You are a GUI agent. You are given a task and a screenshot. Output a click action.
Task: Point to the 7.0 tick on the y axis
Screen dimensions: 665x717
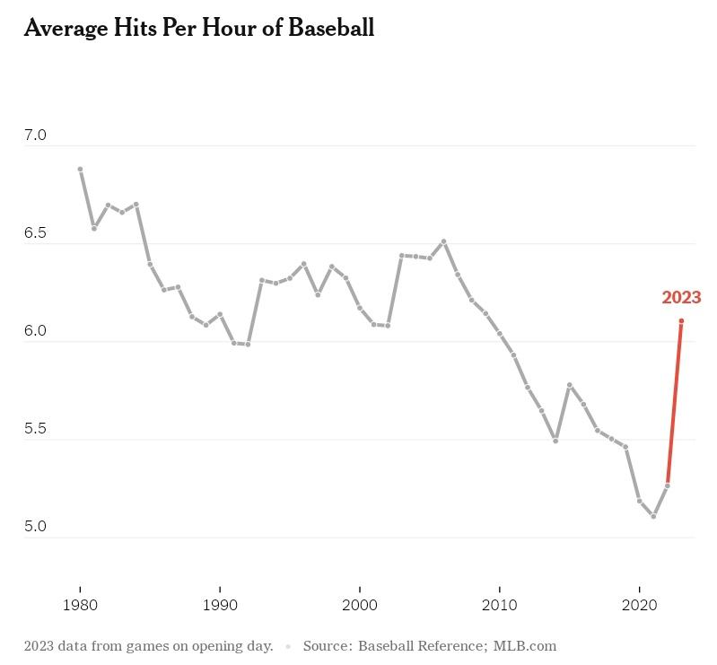pos(35,136)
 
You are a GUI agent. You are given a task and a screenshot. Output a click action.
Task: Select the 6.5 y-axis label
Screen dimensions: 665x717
pos(35,233)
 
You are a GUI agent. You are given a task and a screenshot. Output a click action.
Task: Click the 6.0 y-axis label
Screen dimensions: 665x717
pos(35,331)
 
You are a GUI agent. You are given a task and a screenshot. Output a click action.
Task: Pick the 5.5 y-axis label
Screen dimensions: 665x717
pos(35,429)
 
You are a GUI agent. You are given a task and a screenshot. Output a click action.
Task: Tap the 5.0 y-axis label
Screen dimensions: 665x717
pos(35,527)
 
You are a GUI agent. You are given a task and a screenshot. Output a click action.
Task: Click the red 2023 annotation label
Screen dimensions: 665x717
pos(681,298)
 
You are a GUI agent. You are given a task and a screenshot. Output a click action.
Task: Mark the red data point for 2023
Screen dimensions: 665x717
pos(681,321)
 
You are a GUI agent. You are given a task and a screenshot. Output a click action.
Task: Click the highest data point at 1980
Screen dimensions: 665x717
pos(80,169)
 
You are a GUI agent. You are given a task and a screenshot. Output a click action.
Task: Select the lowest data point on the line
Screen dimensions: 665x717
pos(653,517)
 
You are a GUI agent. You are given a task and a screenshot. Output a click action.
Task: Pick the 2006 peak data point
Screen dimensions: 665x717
pos(443,241)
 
